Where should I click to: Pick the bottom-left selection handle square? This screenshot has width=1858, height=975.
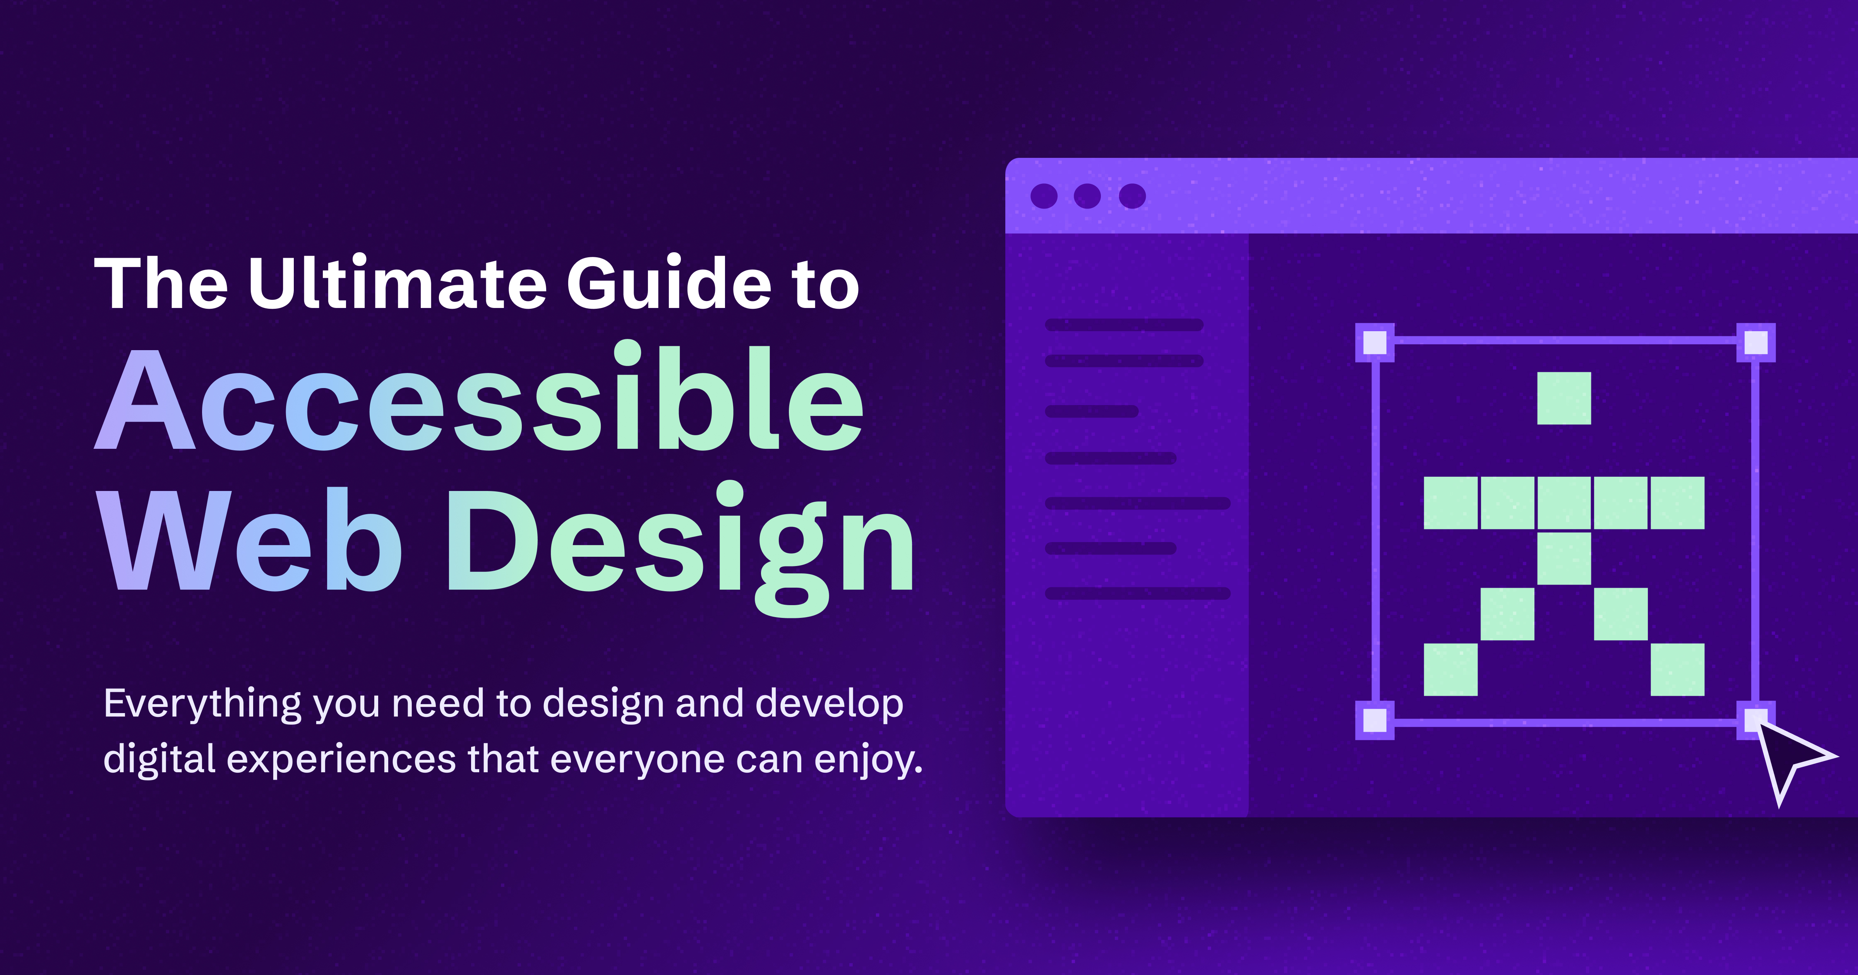coord(1375,720)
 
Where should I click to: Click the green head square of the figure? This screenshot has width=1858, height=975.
coord(1564,398)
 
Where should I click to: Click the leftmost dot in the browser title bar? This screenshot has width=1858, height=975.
coord(1044,196)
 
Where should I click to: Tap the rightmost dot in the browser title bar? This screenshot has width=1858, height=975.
coord(1132,196)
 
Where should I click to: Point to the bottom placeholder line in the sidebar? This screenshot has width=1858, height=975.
coord(1138,594)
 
